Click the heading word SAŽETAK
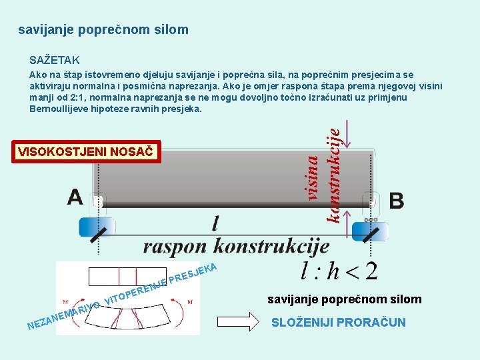point(55,60)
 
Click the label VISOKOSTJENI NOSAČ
point(86,152)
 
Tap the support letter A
point(75,197)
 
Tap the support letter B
point(396,200)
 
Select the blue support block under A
point(97,227)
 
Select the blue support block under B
point(369,231)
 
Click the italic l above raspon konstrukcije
point(215,223)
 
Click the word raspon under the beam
point(175,246)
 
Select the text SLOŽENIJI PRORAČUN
point(338,323)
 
